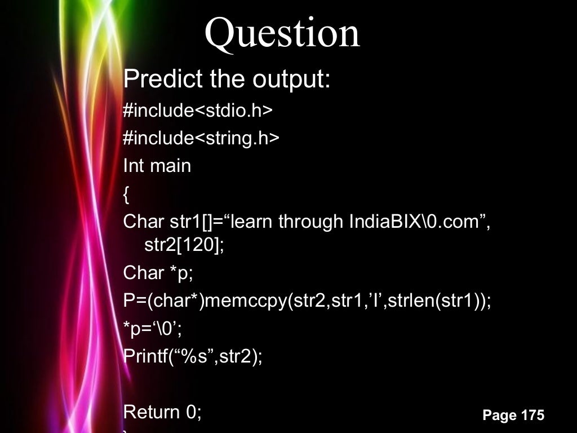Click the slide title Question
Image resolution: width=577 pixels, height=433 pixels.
point(282,33)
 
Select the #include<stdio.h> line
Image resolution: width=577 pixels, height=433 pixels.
point(198,111)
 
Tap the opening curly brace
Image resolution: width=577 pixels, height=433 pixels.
point(126,195)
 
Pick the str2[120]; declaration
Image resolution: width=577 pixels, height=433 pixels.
point(184,246)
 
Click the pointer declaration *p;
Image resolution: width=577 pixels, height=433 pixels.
point(181,273)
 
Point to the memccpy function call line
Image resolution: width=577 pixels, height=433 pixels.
point(307,301)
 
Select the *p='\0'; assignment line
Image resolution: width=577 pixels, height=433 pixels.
point(152,329)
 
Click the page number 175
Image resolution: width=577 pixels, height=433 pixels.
point(532,416)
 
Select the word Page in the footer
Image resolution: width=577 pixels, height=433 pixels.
point(499,416)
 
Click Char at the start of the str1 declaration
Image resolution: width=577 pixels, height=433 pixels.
point(143,222)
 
